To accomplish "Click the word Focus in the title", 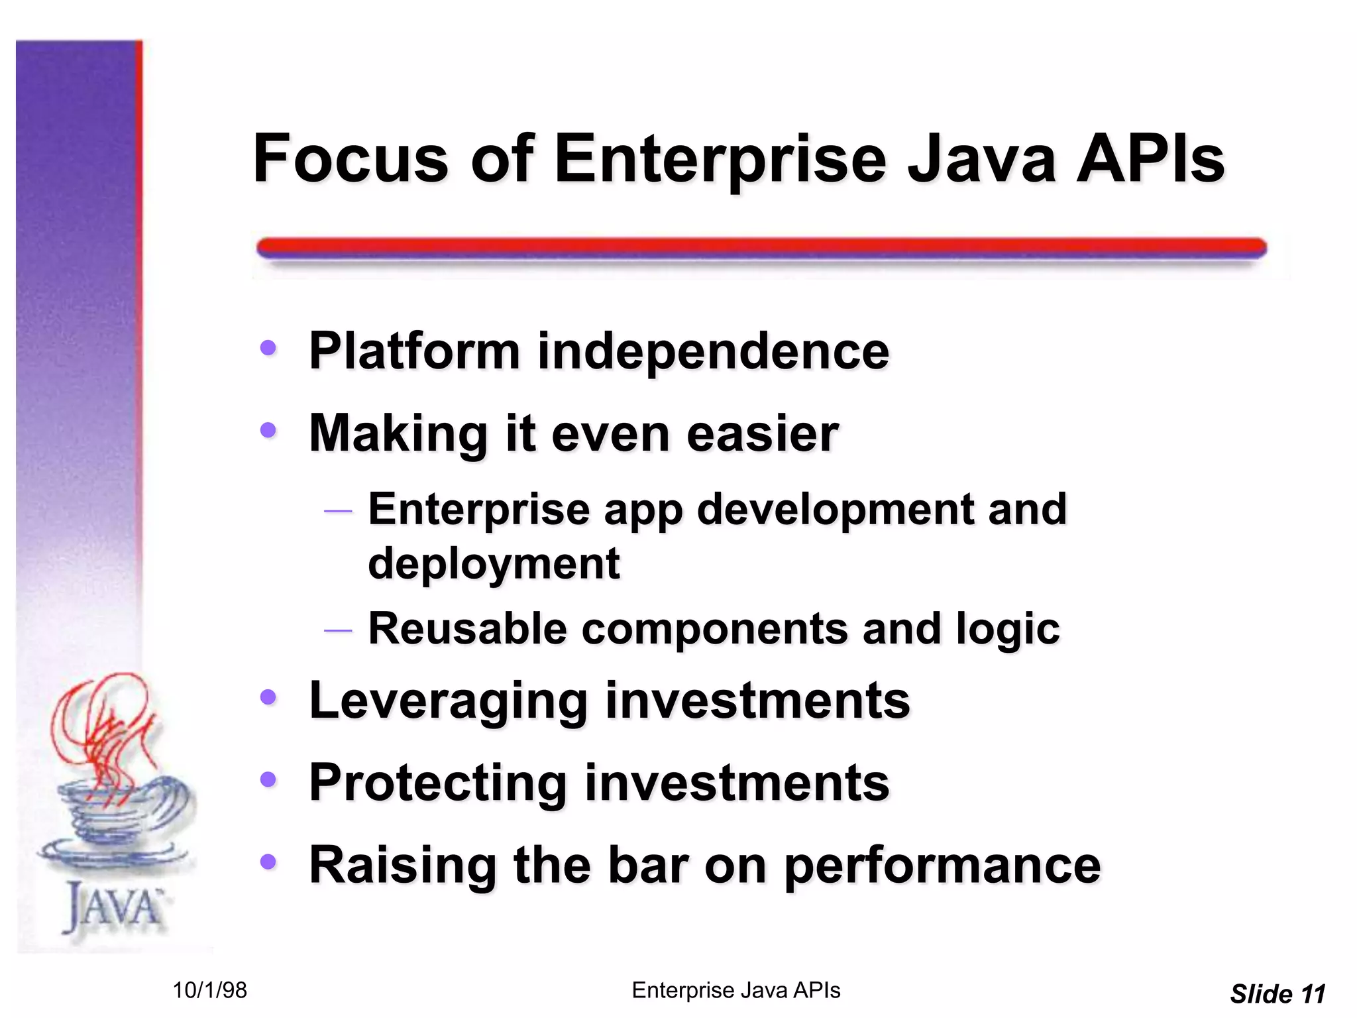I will [x=351, y=159].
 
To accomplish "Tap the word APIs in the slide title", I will [x=1150, y=159].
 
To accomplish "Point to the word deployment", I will [x=494, y=563].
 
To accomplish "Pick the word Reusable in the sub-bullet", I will [x=467, y=628].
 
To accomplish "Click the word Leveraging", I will [x=449, y=701].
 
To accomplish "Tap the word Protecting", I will [x=438, y=783].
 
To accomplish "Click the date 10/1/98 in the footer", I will [x=209, y=990].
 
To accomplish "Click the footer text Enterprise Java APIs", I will [x=735, y=990].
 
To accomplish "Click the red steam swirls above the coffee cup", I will [x=106, y=729].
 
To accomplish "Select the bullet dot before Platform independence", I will [x=268, y=347].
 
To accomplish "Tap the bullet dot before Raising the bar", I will [x=268, y=862].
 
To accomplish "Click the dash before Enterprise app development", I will [x=337, y=511].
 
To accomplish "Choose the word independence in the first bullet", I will [x=713, y=351].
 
